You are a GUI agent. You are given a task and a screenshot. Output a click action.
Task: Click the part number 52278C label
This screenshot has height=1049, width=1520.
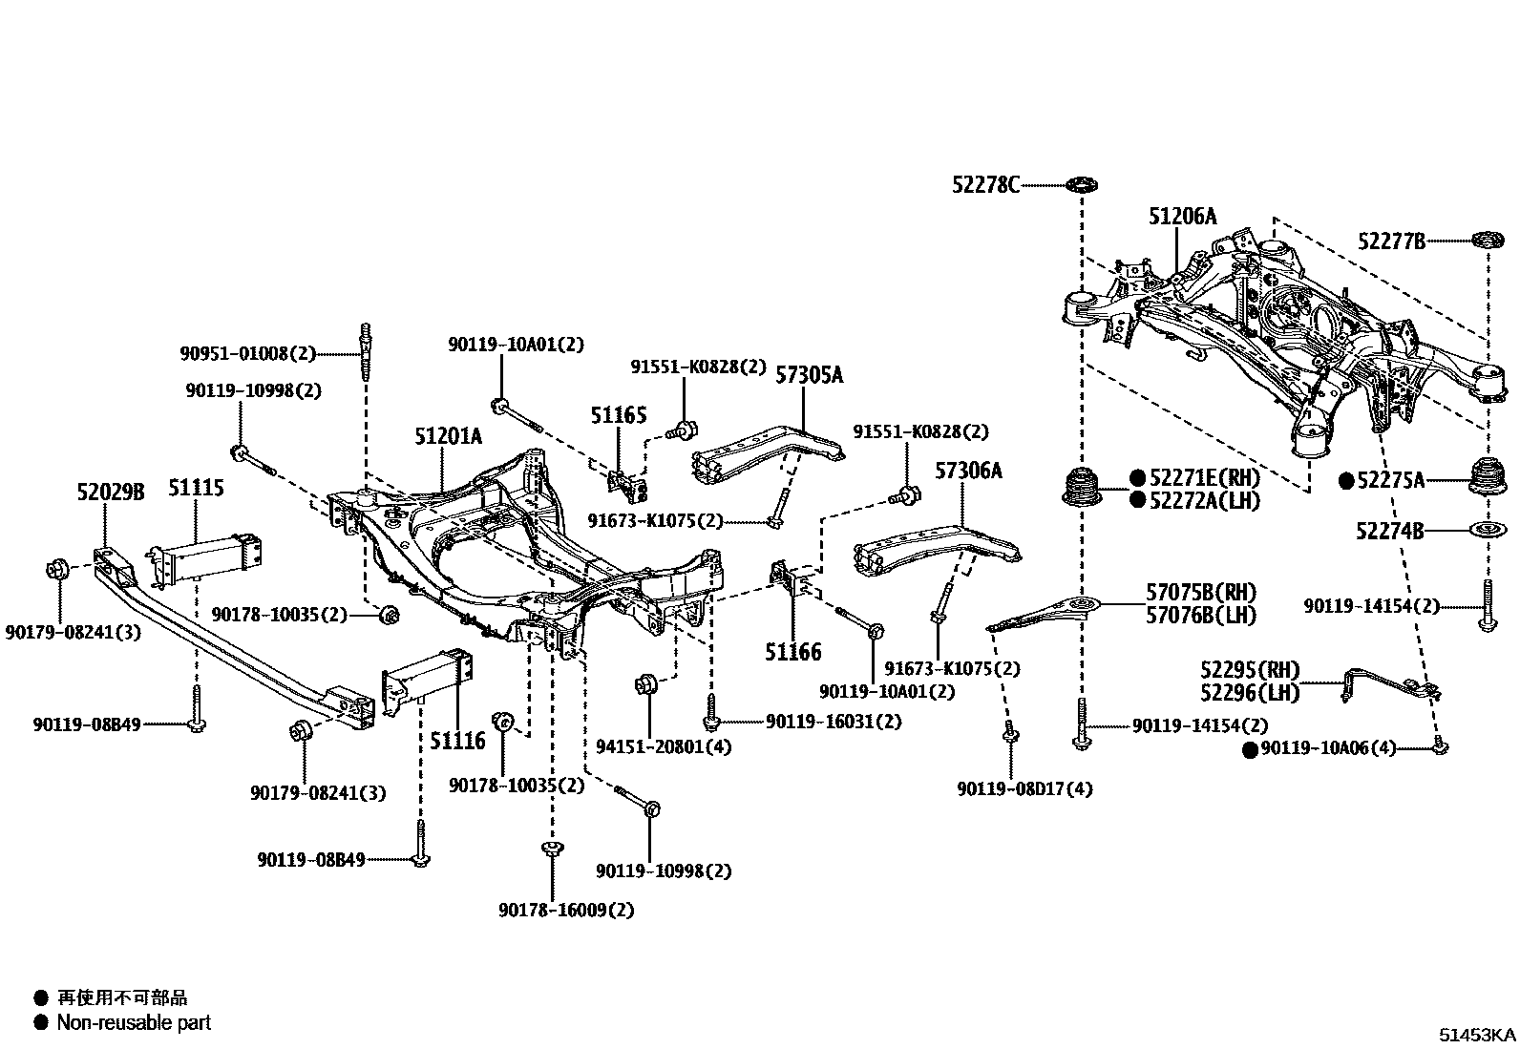985,184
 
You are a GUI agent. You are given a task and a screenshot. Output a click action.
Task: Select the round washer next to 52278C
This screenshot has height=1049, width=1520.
1081,183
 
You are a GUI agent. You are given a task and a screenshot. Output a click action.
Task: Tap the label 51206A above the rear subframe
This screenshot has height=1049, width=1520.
1183,218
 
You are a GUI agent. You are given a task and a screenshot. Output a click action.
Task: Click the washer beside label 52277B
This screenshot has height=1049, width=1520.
1486,241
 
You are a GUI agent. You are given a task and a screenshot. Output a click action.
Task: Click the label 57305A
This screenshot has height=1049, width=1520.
809,375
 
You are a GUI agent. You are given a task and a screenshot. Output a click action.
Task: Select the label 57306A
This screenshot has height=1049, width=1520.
968,471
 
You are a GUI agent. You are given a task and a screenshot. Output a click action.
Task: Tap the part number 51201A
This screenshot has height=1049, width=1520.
449,437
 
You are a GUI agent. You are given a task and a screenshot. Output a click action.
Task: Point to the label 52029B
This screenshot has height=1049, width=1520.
111,493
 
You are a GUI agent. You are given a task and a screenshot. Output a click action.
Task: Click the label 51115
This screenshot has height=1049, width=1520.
197,489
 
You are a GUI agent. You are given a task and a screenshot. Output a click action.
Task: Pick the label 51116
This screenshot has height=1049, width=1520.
457,740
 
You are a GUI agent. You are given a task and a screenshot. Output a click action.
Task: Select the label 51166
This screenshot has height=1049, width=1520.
792,653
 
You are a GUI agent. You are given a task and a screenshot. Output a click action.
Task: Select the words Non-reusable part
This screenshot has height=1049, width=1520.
134,1022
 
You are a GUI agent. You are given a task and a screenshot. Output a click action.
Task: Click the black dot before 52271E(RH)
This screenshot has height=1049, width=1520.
1137,477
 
